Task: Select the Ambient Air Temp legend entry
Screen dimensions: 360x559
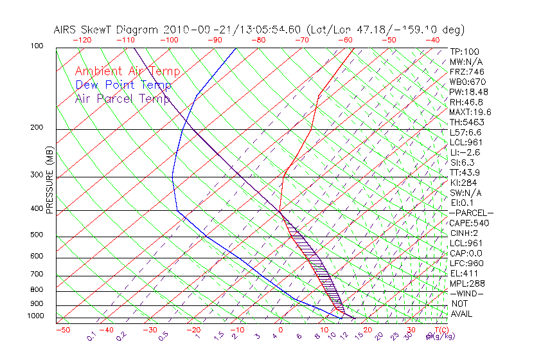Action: pos(127,71)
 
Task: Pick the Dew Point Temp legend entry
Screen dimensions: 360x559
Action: pos(123,85)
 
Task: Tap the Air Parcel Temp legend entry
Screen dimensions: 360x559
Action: pos(122,98)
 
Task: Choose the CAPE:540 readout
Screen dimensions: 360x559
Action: pos(468,223)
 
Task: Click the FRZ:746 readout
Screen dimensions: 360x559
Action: pos(467,71)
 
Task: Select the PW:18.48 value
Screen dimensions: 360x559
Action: pos(469,92)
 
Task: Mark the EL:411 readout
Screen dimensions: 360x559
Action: pos(465,273)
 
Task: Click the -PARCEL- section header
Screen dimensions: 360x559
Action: pos(471,213)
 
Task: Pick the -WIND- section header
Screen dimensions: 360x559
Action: pos(467,294)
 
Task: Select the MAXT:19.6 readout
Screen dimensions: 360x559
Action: pos(471,112)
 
